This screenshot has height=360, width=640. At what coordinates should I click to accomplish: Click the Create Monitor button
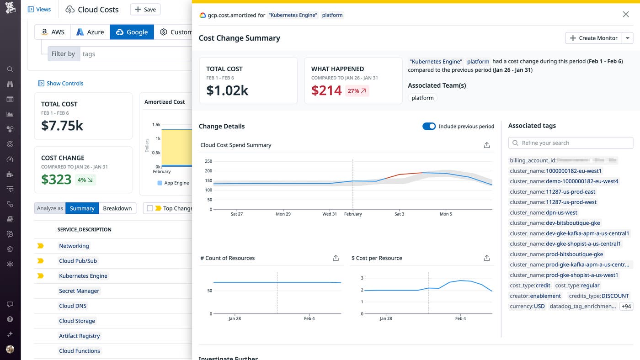click(593, 38)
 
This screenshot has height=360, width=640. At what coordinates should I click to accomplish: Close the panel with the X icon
click(626, 15)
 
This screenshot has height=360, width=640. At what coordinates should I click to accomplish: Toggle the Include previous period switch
click(429, 127)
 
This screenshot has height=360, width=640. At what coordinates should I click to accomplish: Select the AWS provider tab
click(53, 32)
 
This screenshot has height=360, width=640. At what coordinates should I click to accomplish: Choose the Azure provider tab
click(90, 32)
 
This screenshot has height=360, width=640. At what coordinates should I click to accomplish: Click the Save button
click(145, 10)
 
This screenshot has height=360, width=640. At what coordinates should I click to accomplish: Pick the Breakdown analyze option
click(117, 208)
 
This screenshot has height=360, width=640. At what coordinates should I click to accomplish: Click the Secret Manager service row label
click(79, 291)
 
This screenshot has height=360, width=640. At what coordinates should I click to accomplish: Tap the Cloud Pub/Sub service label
click(78, 261)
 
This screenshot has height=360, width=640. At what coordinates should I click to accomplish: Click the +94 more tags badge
click(626, 306)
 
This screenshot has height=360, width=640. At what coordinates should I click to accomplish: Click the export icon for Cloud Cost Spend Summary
click(486, 145)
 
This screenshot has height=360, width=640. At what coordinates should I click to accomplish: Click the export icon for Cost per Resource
click(486, 258)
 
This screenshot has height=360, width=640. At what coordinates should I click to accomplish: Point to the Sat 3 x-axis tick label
click(399, 214)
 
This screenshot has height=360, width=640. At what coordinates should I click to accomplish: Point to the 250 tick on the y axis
click(208, 161)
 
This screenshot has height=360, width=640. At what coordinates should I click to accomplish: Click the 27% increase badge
click(357, 91)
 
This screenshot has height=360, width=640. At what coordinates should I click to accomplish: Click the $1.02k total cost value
click(227, 90)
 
